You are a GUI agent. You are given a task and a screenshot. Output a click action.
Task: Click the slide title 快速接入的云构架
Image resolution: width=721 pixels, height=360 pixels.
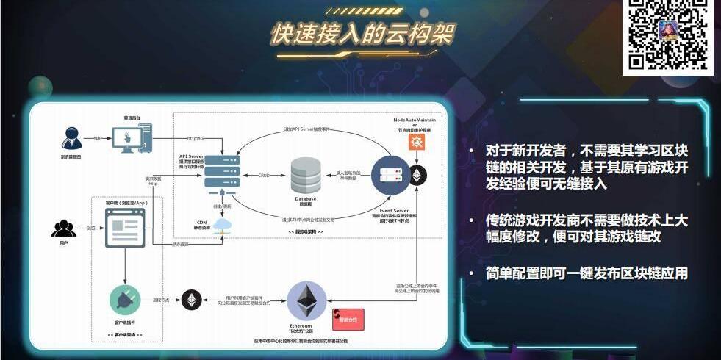tap(362, 33)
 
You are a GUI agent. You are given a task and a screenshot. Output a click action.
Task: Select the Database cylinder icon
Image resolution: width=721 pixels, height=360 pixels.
tap(306, 176)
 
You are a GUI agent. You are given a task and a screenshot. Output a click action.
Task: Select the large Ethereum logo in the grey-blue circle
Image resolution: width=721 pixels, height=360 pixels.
tap(306, 300)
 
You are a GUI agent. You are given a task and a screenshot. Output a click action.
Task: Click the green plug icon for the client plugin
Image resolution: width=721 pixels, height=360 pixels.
tap(125, 300)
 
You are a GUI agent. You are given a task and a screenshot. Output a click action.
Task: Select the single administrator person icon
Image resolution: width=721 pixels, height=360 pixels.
tap(72, 138)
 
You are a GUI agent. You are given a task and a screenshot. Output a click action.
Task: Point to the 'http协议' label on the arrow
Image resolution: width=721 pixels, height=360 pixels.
tap(195, 138)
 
